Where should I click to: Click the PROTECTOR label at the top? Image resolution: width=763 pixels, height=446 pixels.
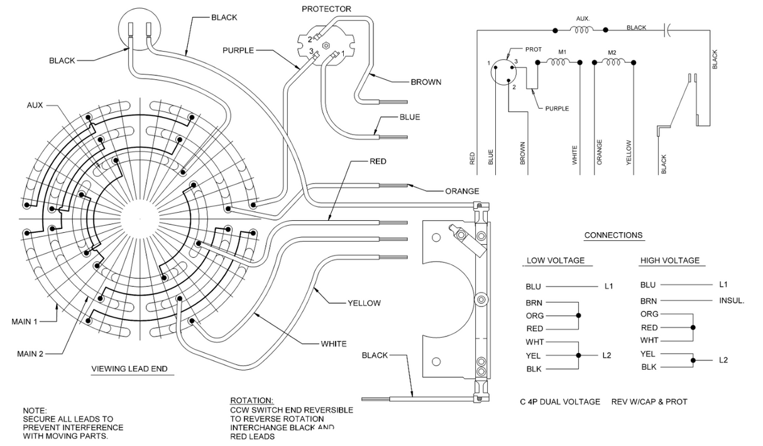pyautogui.click(x=326, y=9)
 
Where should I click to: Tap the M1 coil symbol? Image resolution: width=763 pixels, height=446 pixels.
pyautogui.click(x=558, y=62)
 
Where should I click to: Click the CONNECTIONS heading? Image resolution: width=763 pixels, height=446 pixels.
pyautogui.click(x=613, y=235)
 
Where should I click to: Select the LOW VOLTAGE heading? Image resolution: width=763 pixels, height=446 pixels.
pyautogui.click(x=555, y=260)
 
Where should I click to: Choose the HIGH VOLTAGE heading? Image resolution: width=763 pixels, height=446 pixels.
pyautogui.click(x=669, y=260)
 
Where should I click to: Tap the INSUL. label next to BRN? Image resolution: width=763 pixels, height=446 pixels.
pyautogui.click(x=732, y=301)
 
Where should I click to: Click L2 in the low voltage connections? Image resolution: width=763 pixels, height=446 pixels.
pyautogui.click(x=607, y=355)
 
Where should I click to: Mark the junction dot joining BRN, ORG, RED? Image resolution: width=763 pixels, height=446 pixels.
pyautogui.click(x=578, y=315)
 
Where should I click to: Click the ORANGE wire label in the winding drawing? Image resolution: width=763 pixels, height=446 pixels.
pyautogui.click(x=462, y=191)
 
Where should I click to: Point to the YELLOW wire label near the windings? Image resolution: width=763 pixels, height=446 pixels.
pyautogui.click(x=364, y=303)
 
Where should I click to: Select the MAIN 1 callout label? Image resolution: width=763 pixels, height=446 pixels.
pyautogui.click(x=25, y=321)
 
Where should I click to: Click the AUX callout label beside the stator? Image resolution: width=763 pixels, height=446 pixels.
pyautogui.click(x=35, y=105)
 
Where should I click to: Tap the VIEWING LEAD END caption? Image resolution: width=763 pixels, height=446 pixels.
pyautogui.click(x=129, y=369)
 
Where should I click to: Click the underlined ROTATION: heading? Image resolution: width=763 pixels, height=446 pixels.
pyautogui.click(x=251, y=401)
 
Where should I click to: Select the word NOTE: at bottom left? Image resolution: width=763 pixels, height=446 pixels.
pyautogui.click(x=35, y=410)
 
